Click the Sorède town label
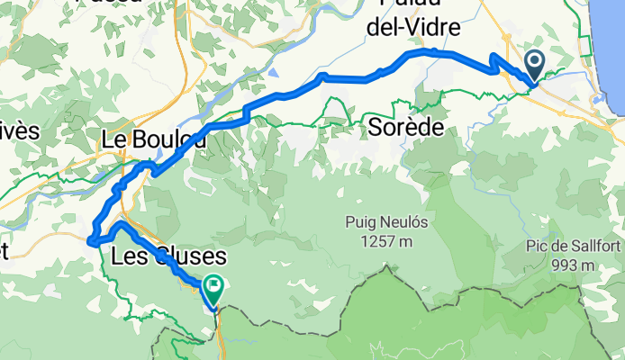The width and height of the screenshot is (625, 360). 406,128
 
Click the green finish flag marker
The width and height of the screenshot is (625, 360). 214,290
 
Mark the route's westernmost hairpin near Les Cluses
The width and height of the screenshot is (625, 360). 90,239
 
